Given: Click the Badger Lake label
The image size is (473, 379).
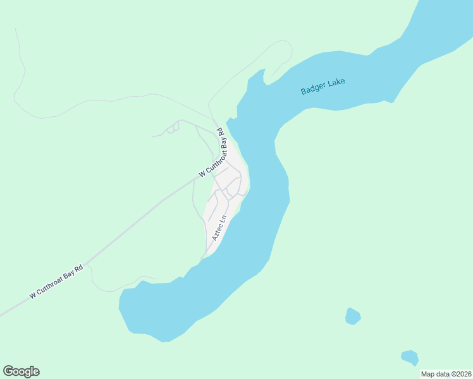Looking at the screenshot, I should click(322, 87).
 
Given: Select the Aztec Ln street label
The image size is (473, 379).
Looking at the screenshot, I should click(219, 229).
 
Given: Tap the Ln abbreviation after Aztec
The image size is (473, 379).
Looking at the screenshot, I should click(222, 220).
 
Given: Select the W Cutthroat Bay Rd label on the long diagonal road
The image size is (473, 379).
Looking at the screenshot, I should click(56, 282).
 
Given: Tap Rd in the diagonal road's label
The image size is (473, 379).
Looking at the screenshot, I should click(79, 268).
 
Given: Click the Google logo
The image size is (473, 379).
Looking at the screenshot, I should click(21, 371).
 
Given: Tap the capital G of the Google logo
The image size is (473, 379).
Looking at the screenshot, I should click(8, 371).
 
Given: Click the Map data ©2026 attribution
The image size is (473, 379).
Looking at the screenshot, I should click(445, 374).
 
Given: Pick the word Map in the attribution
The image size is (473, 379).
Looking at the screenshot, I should click(428, 374).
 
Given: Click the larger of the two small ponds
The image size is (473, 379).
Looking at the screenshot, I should click(353, 315).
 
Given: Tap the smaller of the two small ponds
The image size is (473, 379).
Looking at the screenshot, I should click(410, 358).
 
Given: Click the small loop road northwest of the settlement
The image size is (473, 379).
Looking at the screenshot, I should click(173, 128).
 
